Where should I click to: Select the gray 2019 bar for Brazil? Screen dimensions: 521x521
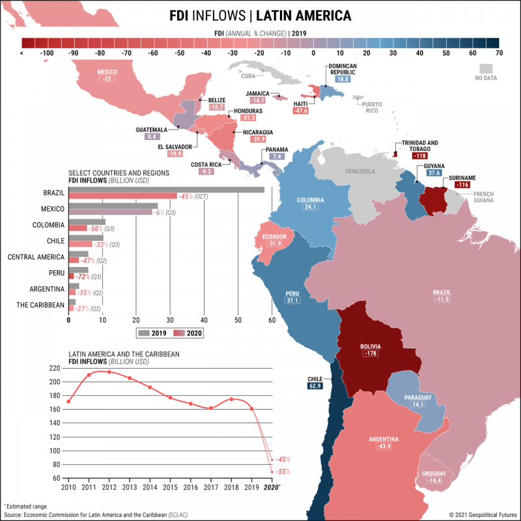point(166,190)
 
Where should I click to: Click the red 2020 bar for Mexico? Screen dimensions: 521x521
point(111,212)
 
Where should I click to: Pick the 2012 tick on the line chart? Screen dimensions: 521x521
point(109,486)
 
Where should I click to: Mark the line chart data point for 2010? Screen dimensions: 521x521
point(68,401)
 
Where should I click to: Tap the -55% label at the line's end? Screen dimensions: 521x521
point(283,472)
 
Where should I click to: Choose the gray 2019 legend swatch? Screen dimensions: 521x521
point(144,333)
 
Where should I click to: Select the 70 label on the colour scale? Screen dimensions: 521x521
point(498,53)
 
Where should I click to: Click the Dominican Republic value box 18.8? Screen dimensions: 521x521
point(343,79)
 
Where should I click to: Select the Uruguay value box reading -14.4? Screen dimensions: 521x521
point(432,481)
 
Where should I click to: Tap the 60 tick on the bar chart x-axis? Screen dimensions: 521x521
point(272,320)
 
